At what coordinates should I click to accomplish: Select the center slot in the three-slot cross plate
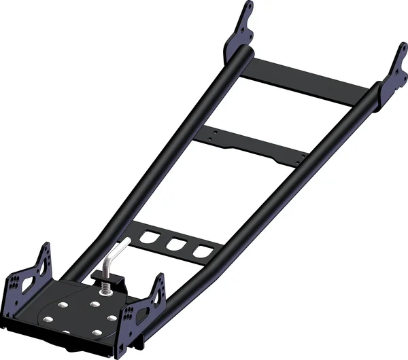point(176,245)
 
